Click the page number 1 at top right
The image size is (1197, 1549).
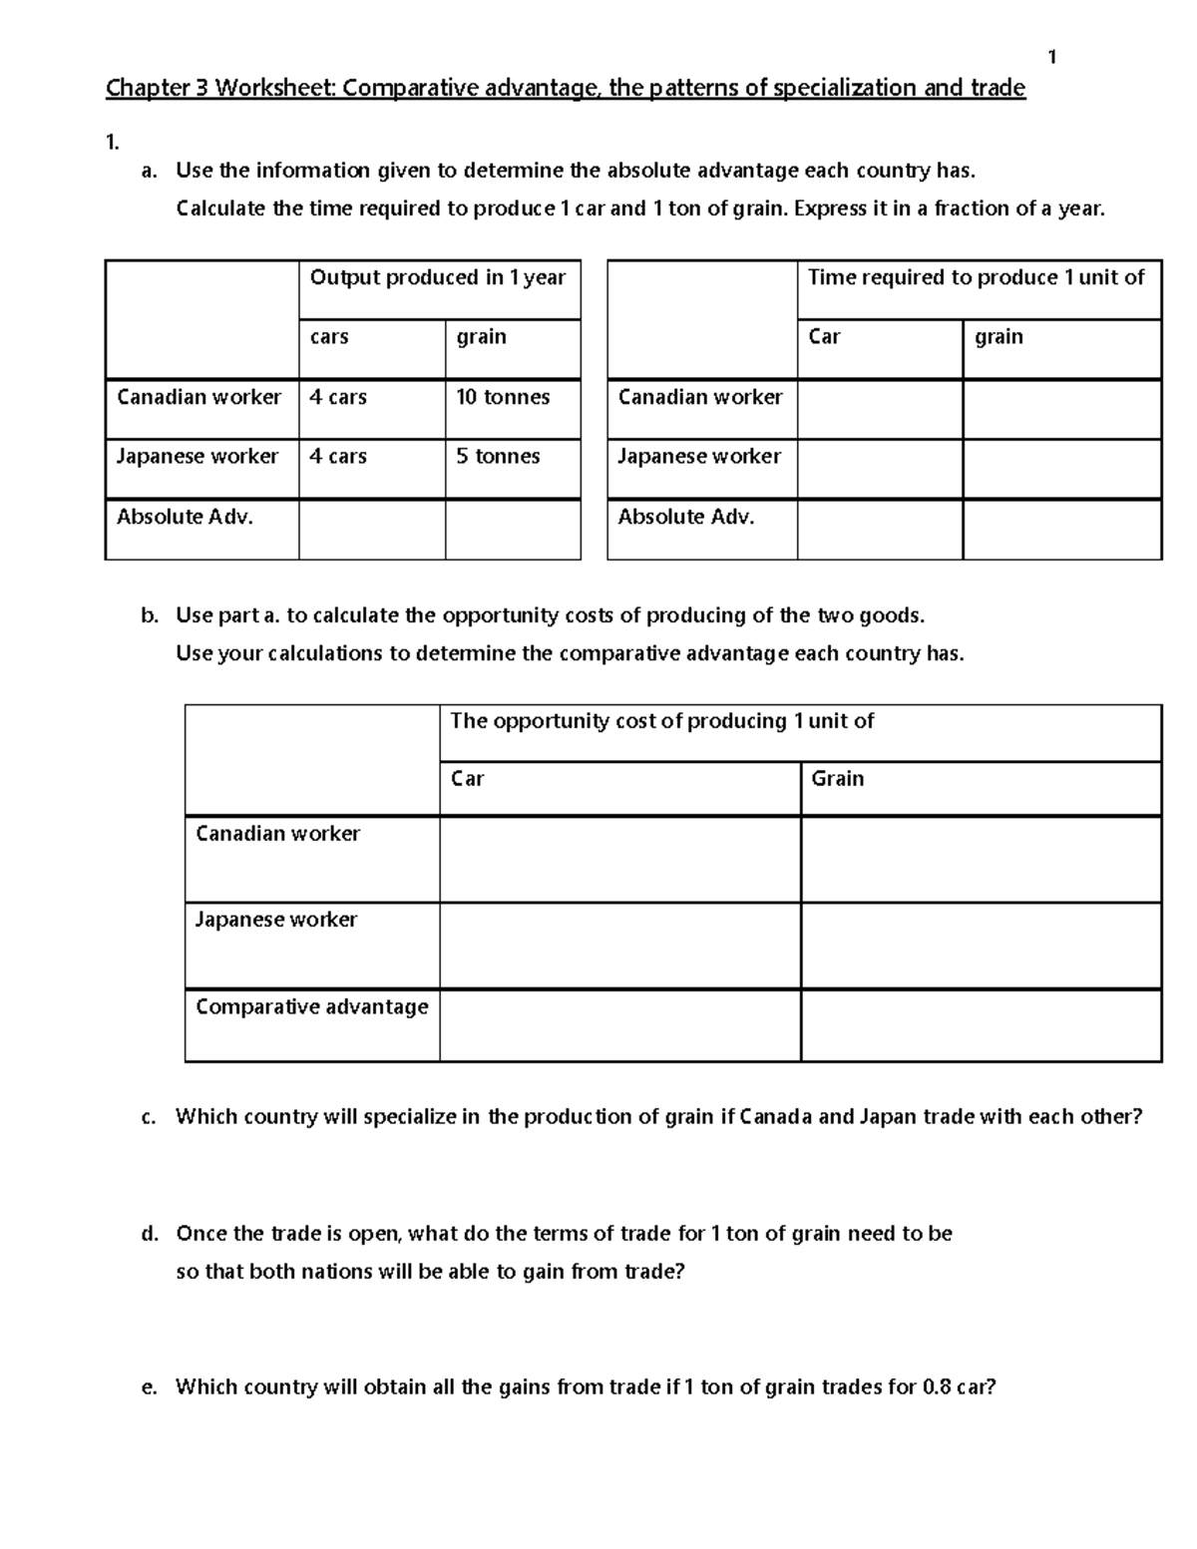[1051, 58]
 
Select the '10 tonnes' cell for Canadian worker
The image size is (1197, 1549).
[503, 397]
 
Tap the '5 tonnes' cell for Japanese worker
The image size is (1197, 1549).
[498, 456]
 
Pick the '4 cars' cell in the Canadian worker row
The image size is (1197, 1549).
[338, 397]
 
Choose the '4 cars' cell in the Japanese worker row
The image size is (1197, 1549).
[338, 456]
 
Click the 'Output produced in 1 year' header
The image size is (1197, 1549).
[438, 277]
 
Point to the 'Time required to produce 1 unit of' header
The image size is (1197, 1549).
[976, 277]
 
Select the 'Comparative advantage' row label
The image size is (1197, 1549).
[311, 1006]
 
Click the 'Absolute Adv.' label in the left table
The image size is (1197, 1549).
[185, 517]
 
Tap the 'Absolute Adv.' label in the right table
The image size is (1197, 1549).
[686, 517]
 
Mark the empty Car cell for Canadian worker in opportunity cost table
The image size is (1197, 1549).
[619, 859]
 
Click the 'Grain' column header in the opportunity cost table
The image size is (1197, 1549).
[838, 778]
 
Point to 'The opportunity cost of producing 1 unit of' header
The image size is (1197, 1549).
[661, 721]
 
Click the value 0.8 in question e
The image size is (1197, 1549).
[937, 1386]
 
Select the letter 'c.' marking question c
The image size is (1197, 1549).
[150, 1117]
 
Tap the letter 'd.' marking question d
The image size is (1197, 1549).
[150, 1234]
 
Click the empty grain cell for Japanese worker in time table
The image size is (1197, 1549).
[1061, 469]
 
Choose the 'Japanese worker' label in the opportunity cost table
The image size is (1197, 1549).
[276, 920]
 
